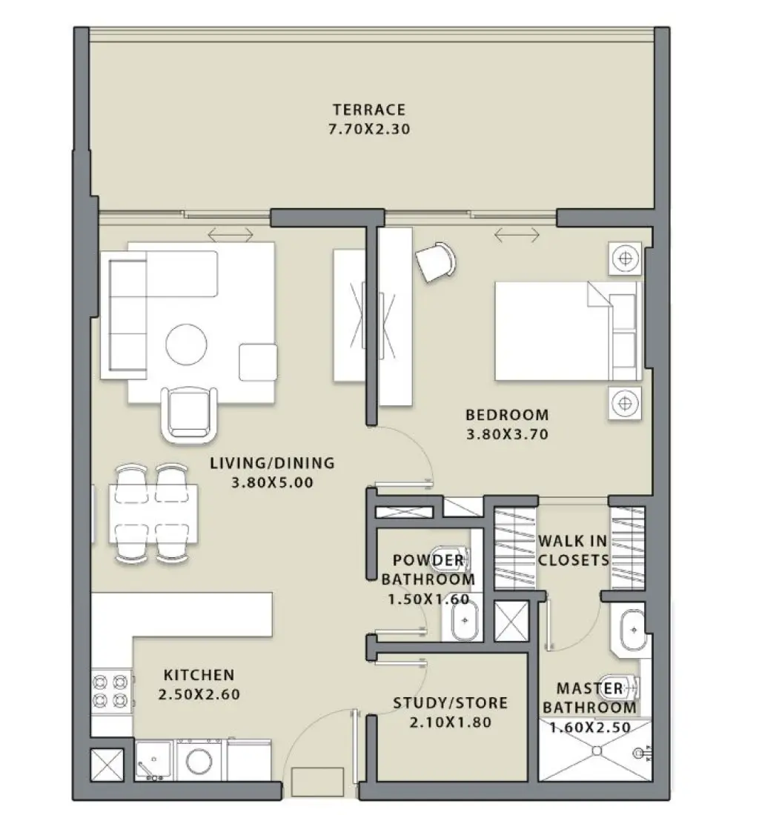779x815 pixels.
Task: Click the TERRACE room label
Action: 368,110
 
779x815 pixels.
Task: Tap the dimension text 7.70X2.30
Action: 368,129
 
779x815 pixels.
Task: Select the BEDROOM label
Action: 507,415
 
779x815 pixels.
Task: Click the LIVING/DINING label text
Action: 272,464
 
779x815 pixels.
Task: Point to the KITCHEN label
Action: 199,675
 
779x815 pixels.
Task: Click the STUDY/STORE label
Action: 450,702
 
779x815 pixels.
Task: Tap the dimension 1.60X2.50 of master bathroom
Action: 590,728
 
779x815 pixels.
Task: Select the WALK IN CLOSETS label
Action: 573,550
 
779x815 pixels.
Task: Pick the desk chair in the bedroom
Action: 435,261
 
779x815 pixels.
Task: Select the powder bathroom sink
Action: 465,620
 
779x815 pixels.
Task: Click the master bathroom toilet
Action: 620,688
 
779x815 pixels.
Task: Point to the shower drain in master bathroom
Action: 594,751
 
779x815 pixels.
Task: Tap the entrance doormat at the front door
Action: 317,782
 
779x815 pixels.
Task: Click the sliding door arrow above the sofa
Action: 231,236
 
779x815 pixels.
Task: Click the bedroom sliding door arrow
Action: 517,236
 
